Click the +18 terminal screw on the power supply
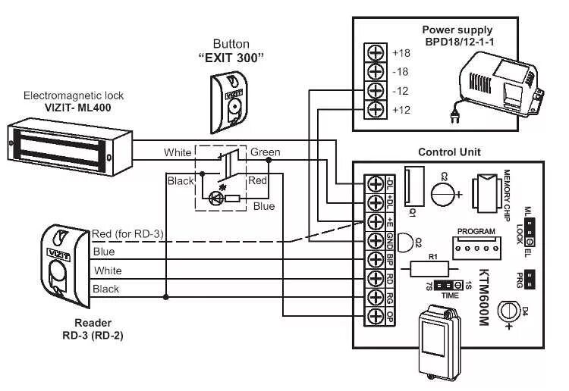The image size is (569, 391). tap(375, 53)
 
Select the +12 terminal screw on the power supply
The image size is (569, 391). tap(375, 109)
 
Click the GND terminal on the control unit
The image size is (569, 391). tap(375, 240)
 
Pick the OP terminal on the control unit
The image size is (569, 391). tap(375, 315)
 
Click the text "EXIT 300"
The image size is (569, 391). tap(231, 58)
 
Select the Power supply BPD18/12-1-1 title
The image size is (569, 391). tap(457, 36)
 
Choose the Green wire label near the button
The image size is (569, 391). tap(265, 152)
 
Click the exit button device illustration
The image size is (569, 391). tap(231, 95)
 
